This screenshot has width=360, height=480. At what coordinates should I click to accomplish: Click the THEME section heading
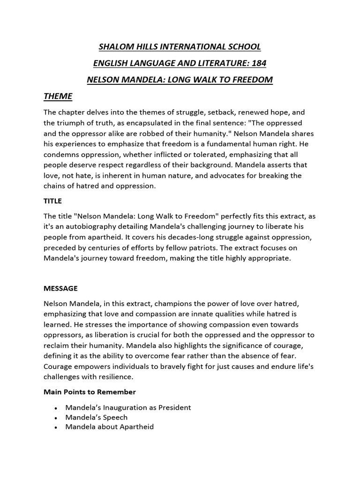(x=58, y=96)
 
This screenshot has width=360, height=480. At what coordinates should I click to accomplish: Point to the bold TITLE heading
(x=52, y=201)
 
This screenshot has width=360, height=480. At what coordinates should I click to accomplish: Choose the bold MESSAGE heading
(x=60, y=288)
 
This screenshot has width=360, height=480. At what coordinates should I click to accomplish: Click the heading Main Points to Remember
(x=90, y=391)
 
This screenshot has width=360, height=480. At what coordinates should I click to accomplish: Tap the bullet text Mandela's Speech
(x=96, y=417)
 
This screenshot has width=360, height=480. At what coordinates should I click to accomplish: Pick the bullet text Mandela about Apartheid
(x=109, y=427)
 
